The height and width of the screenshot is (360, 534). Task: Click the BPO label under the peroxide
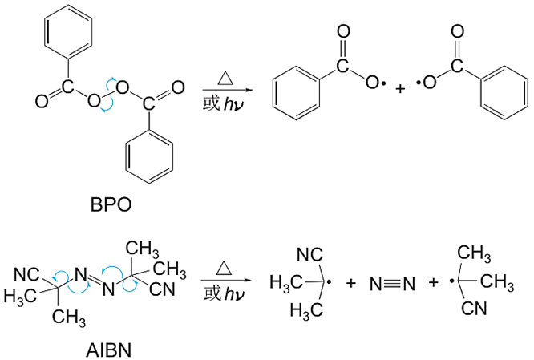pyautogui.click(x=111, y=204)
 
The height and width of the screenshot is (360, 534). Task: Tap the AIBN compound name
pyautogui.click(x=108, y=350)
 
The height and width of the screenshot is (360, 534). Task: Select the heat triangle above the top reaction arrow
pyautogui.click(x=225, y=78)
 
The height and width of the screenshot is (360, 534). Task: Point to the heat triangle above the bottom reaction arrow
pyautogui.click(x=224, y=268)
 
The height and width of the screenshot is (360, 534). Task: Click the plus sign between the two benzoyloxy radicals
pyautogui.click(x=401, y=89)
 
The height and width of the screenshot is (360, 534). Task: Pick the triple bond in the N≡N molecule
pyautogui.click(x=393, y=284)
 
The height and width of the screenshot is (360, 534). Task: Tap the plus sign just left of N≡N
pyautogui.click(x=350, y=283)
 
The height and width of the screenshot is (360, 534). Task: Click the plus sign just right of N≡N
pyautogui.click(x=433, y=282)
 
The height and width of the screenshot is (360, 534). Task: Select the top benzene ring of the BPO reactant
pyautogui.click(x=68, y=31)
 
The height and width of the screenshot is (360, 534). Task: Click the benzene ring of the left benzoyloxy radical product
pyautogui.click(x=297, y=93)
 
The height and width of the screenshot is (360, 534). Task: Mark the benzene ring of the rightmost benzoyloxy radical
pyautogui.click(x=504, y=93)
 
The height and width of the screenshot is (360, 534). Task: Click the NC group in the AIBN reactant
pyautogui.click(x=26, y=274)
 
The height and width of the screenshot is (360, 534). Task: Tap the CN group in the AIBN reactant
pyautogui.click(x=162, y=289)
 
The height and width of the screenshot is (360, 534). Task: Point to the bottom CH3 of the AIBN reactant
pyautogui.click(x=69, y=318)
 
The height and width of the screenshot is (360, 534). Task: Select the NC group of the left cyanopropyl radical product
pyautogui.click(x=310, y=254)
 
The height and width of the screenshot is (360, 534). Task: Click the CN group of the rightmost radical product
pyautogui.click(x=474, y=309)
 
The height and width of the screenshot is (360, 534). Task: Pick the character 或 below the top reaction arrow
pyautogui.click(x=211, y=103)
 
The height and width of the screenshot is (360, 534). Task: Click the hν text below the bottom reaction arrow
pyautogui.click(x=233, y=294)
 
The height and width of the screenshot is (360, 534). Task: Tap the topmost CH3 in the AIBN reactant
pyautogui.click(x=142, y=249)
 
